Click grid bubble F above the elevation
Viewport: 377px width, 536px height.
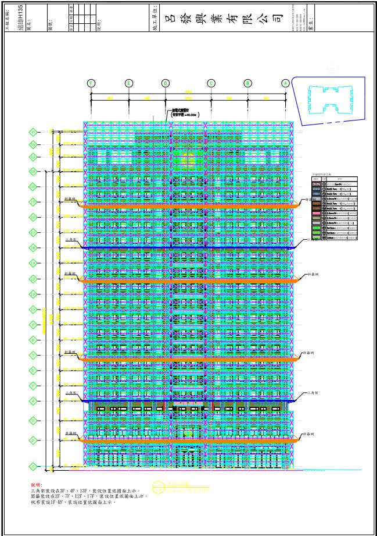click(x=91, y=83)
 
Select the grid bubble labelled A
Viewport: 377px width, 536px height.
click(x=285, y=83)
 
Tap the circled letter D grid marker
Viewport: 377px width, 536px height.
click(x=166, y=83)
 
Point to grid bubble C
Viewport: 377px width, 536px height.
click(x=211, y=83)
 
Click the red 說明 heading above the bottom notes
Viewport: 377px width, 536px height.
click(x=36, y=484)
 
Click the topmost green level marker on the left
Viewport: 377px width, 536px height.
click(x=34, y=132)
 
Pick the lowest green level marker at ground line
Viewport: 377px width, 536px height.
click(x=34, y=466)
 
